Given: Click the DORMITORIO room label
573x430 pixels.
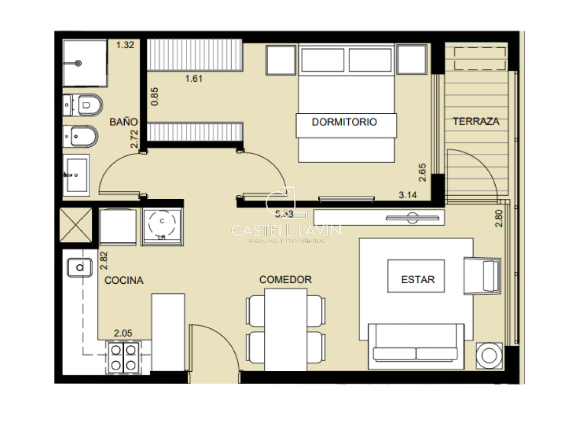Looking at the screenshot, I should pyautogui.click(x=344, y=122).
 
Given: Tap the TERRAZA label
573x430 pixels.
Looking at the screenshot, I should pyautogui.click(x=476, y=121).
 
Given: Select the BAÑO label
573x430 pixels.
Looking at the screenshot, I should pyautogui.click(x=124, y=122).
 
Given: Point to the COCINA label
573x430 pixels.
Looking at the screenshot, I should pyautogui.click(x=124, y=280).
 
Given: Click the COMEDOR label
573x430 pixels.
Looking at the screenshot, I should pyautogui.click(x=285, y=279).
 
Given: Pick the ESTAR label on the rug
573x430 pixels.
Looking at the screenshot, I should pyautogui.click(x=418, y=279).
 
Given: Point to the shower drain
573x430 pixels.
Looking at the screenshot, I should pyautogui.click(x=78, y=63).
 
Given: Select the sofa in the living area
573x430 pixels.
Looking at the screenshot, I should pyautogui.click(x=416, y=346).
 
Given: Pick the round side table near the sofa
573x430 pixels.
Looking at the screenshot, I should pyautogui.click(x=489, y=355).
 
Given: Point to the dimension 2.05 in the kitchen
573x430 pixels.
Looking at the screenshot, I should pyautogui.click(x=123, y=333).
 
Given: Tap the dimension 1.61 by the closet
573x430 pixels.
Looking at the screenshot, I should pyautogui.click(x=194, y=79).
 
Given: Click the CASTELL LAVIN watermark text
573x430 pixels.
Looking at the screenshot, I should pyautogui.click(x=286, y=230).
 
